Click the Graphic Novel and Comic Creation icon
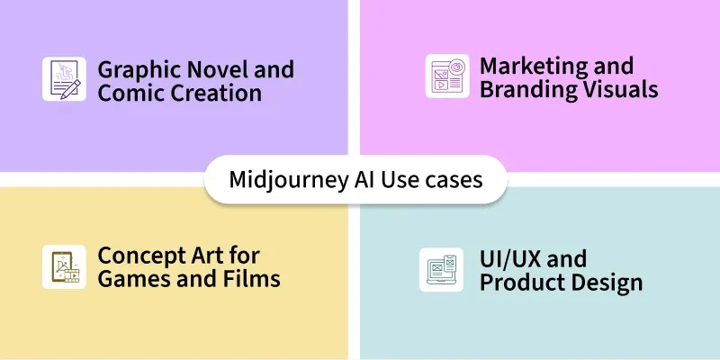pos(64,79)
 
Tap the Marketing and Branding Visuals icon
pos(447,76)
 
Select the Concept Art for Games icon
pos(64,266)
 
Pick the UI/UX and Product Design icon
pos(441,269)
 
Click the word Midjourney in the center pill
pos(289,180)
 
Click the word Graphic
pos(138,71)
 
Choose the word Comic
pos(130,93)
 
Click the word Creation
pos(216,93)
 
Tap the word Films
pos(258,278)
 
